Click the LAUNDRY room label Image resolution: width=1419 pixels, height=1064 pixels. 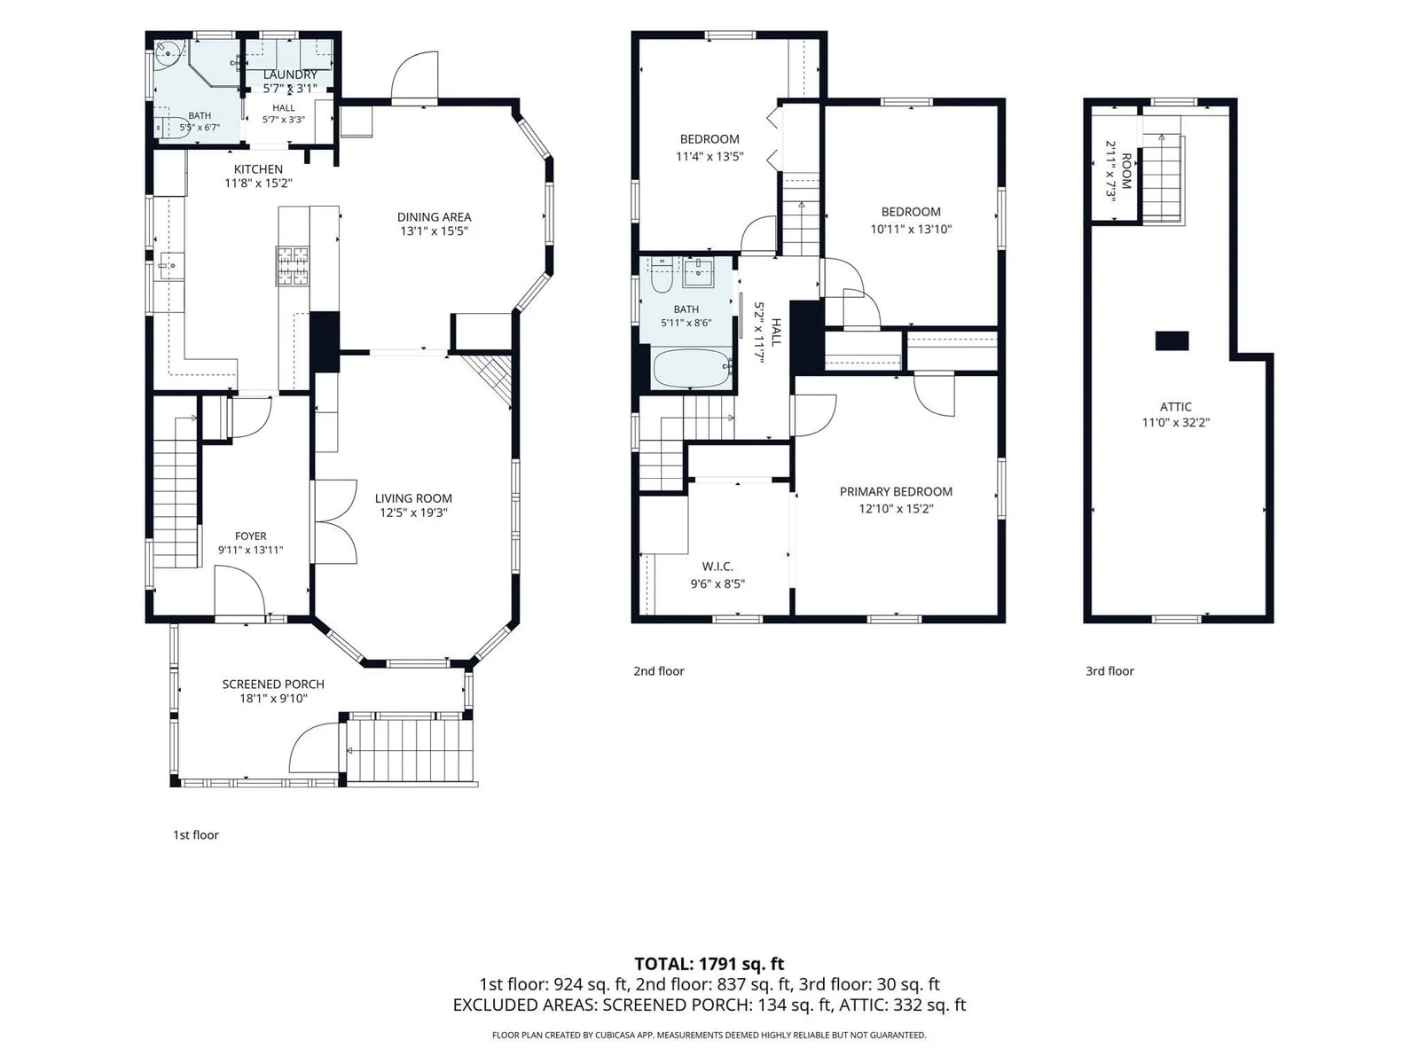(290, 75)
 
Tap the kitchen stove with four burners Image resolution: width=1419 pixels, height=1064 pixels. (293, 265)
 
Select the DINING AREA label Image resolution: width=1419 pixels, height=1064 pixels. (434, 217)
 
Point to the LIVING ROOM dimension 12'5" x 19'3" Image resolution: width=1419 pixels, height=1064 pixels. (413, 513)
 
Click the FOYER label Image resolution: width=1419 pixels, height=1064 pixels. (250, 536)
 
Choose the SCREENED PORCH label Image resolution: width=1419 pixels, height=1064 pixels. (273, 685)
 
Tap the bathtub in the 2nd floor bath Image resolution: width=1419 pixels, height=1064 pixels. (693, 369)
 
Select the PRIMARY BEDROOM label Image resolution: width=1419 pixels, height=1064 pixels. (896, 491)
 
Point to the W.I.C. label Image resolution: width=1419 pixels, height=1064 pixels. (717, 567)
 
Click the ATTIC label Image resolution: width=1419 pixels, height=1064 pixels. (1175, 407)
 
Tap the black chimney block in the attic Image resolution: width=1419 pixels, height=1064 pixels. (1172, 340)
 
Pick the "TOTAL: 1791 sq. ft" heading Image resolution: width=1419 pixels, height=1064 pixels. (709, 964)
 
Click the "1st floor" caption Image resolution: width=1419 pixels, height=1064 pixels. (195, 834)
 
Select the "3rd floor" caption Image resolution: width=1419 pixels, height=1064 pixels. (1109, 671)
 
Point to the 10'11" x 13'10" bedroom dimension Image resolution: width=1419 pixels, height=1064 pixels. (911, 229)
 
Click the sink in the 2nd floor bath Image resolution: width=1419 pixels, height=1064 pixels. (698, 273)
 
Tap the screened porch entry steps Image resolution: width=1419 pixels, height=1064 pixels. (406, 750)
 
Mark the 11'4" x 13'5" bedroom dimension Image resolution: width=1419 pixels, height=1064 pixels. (709, 156)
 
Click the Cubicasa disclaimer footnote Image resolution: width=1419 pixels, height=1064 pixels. (709, 1035)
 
